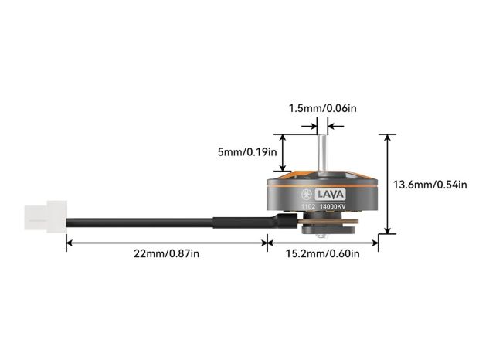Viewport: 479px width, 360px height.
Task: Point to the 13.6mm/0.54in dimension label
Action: point(430,185)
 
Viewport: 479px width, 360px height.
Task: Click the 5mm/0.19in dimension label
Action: point(247,152)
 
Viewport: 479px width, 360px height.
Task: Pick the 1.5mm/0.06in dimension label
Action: point(323,108)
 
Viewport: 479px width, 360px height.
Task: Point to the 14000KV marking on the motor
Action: point(333,206)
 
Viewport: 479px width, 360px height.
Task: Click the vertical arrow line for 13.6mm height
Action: point(387,183)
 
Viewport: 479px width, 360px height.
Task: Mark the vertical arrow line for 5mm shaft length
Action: point(284,151)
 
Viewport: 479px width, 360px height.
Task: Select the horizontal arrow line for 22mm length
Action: point(166,242)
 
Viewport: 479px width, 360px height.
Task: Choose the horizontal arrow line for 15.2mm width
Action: point(322,242)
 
